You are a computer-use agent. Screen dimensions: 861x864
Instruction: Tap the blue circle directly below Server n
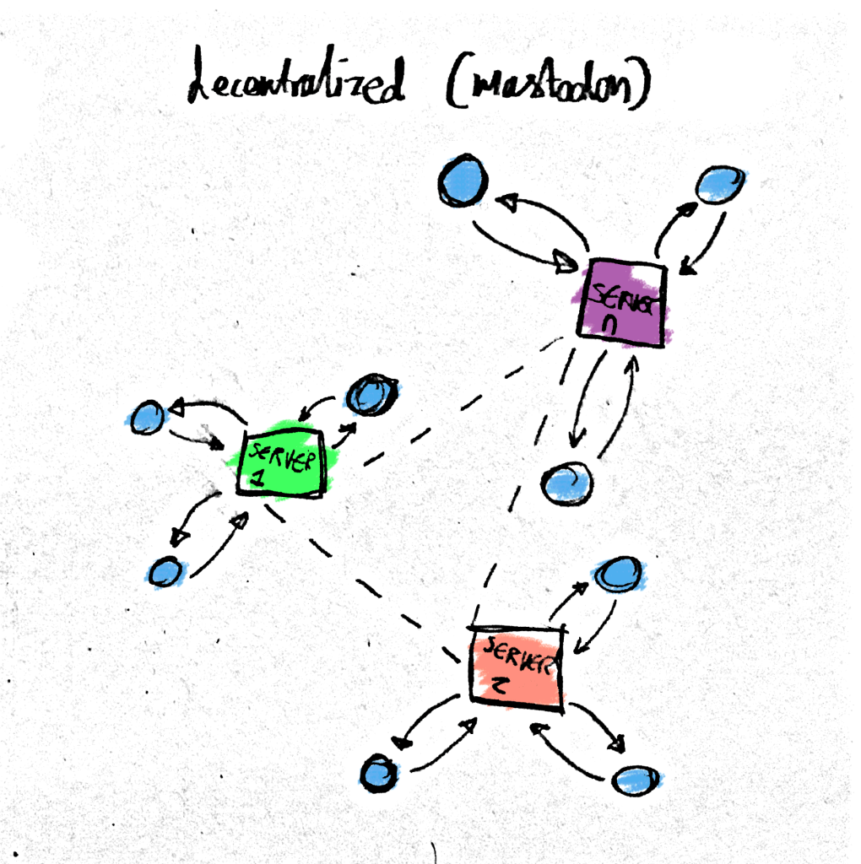point(566,484)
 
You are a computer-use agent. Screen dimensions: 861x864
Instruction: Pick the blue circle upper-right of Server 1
point(372,394)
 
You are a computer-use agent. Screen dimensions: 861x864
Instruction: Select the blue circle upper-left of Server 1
point(148,417)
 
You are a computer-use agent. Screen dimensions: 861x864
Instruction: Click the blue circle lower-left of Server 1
point(165,571)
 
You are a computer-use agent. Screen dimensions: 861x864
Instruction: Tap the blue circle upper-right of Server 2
point(618,574)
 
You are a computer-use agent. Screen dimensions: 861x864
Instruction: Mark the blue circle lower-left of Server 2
point(379,772)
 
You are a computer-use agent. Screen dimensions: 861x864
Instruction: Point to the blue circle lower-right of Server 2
point(636,780)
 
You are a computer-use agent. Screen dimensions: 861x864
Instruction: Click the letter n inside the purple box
point(613,326)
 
